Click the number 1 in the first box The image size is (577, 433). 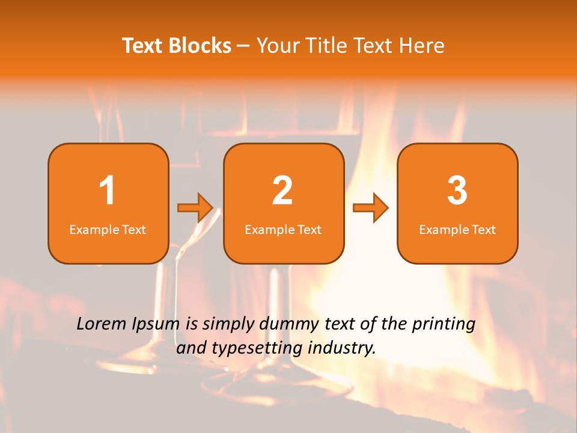[x=108, y=191]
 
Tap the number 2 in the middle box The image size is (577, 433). [x=282, y=191]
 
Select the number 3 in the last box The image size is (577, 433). [x=457, y=191]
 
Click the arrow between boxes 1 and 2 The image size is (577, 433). [x=195, y=208]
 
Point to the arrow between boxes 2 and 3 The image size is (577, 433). [x=371, y=208]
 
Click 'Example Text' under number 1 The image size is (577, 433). [x=108, y=230]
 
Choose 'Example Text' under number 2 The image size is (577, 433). [x=283, y=230]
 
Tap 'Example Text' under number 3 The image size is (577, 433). [x=457, y=230]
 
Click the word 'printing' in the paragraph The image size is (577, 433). [x=443, y=325]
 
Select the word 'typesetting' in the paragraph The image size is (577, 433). [x=253, y=348]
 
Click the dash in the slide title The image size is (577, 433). [x=244, y=46]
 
